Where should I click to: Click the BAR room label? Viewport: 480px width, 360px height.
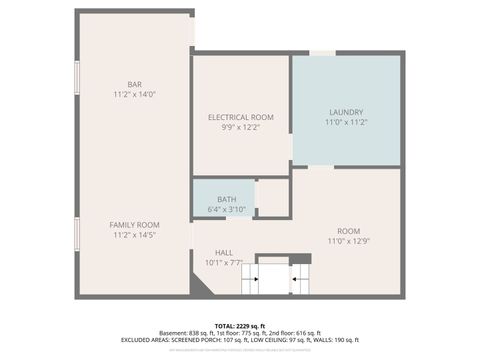pyautogui.click(x=134, y=83)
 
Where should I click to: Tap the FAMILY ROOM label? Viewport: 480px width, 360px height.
pyautogui.click(x=134, y=225)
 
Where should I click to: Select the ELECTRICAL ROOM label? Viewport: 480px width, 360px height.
pyautogui.click(x=240, y=118)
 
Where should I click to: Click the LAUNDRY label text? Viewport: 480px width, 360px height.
pyautogui.click(x=345, y=111)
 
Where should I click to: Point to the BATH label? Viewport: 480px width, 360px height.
pyautogui.click(x=214, y=199)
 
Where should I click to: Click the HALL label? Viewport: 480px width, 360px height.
pyautogui.click(x=225, y=253)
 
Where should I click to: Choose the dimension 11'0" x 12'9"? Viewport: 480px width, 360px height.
pyautogui.click(x=348, y=241)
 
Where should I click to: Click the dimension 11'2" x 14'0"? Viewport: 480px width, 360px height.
pyautogui.click(x=134, y=94)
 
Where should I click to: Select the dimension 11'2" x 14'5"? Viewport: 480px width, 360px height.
pyautogui.click(x=134, y=236)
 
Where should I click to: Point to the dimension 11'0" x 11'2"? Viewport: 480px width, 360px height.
pyautogui.click(x=345, y=122)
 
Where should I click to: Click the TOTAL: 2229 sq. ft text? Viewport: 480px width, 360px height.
pyautogui.click(x=240, y=325)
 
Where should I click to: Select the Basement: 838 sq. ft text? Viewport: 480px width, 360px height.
pyautogui.click(x=191, y=333)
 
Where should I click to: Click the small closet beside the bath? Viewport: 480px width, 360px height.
pyautogui.click(x=272, y=198)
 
